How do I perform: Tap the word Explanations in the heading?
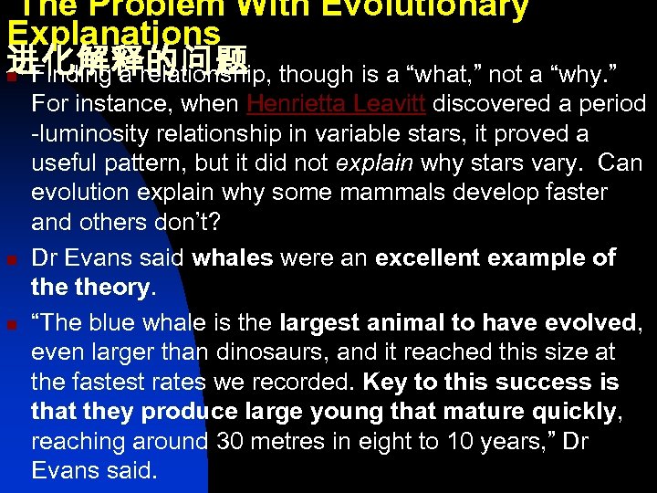tap(113, 31)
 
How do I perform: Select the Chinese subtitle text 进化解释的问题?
tap(127, 61)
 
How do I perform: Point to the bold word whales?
tap(233, 257)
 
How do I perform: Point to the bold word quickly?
tap(572, 411)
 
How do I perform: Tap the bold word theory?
tap(114, 288)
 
